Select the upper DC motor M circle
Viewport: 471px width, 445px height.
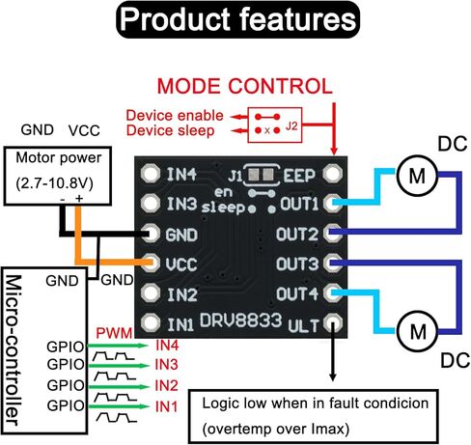click(415, 175)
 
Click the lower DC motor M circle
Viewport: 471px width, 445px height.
click(417, 331)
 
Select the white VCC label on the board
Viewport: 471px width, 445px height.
click(183, 264)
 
